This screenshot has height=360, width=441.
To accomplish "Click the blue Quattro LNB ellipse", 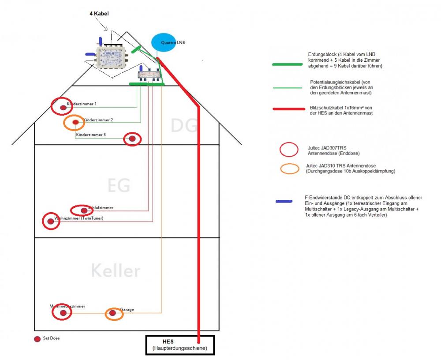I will [166, 42].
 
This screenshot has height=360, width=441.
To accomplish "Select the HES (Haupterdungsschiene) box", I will [180, 345].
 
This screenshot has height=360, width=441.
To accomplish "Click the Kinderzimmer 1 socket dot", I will [64, 107].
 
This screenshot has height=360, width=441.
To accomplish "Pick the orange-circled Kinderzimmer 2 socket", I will [75, 122].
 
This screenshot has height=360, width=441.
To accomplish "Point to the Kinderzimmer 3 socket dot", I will [132, 139].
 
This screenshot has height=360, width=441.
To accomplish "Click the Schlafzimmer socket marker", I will [84, 210].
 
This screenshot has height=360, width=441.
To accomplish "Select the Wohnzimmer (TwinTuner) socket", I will [51, 221].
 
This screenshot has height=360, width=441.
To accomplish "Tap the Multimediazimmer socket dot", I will [63, 313].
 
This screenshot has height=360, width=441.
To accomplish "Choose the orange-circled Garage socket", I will [113, 313].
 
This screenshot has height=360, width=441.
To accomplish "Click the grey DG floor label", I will [183, 126].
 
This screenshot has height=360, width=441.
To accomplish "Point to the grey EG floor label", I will [119, 185].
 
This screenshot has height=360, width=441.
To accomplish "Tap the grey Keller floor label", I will [116, 270].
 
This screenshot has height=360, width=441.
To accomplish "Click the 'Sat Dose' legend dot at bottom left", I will [37, 339].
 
